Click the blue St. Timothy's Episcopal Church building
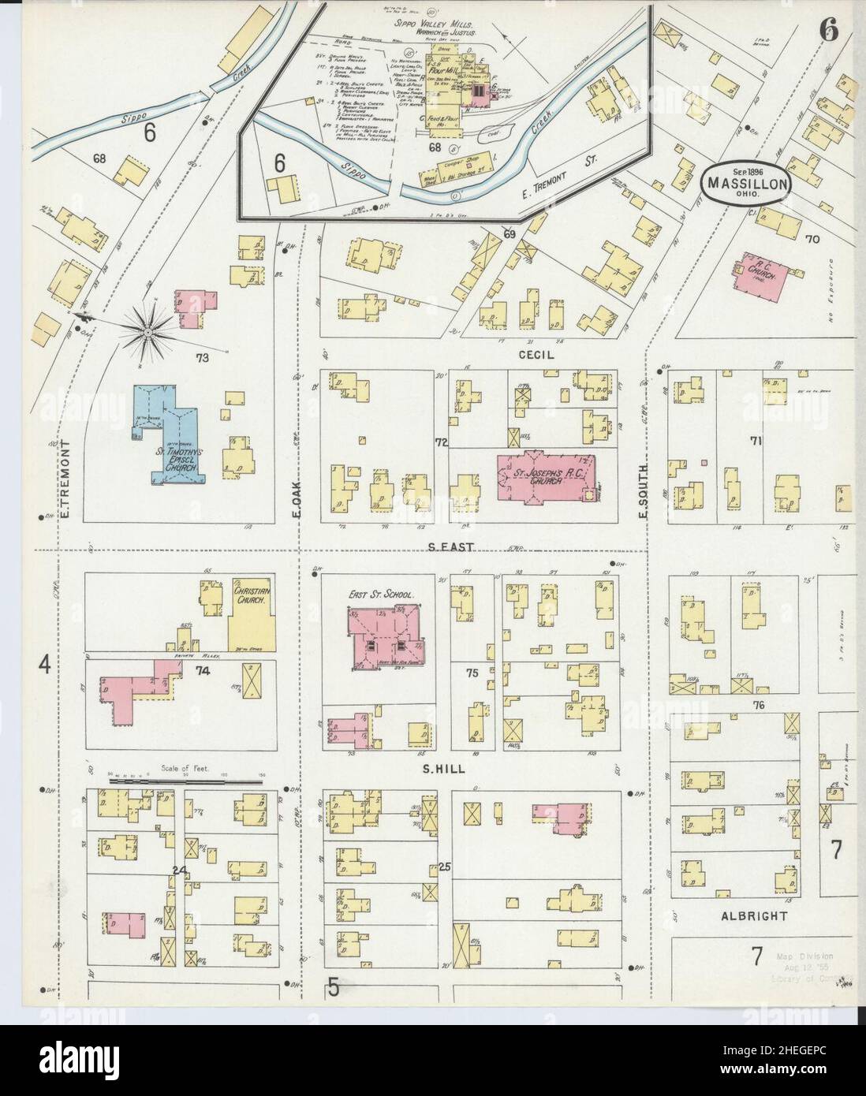click(170, 434)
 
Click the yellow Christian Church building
click(252, 618)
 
